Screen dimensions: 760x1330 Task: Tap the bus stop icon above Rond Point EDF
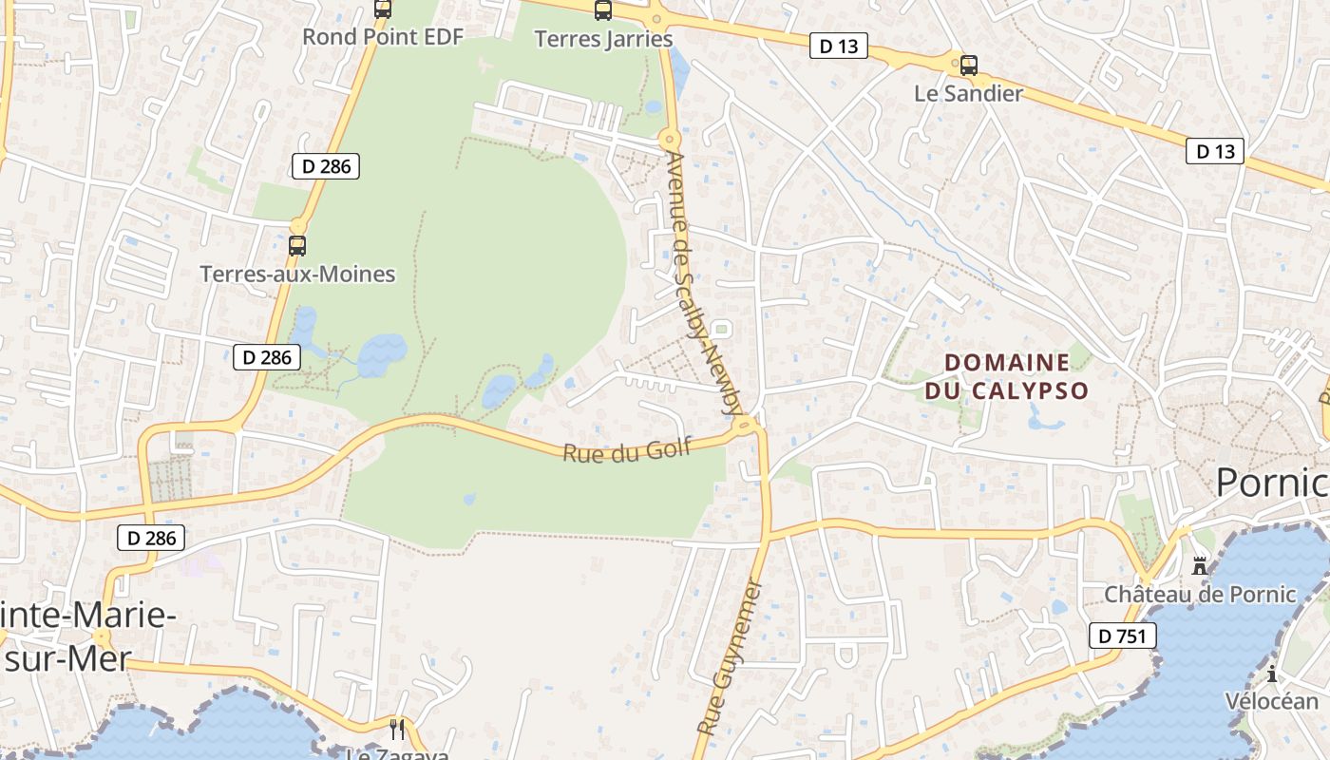coord(383,9)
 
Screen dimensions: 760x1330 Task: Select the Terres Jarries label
coord(603,39)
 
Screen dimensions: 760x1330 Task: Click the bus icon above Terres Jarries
coord(603,10)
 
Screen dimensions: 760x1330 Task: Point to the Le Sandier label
coord(968,93)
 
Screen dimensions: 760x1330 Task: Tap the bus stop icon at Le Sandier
coord(969,66)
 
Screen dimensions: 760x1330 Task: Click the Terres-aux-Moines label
coord(297,275)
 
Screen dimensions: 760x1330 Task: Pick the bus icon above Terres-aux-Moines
coord(297,246)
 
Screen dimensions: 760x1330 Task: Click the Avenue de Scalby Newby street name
coord(703,284)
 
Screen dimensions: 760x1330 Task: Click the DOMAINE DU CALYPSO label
coord(1007,376)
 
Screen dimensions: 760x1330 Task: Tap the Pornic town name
coord(1271,483)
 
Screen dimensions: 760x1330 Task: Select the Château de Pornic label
coord(1200,595)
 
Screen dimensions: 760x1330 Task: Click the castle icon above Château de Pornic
coord(1200,566)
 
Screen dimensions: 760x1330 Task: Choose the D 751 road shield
coord(1122,636)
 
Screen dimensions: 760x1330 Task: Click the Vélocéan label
coord(1271,702)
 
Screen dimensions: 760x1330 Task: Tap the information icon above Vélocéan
coord(1272,674)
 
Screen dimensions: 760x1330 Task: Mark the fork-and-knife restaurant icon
coord(397,730)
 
